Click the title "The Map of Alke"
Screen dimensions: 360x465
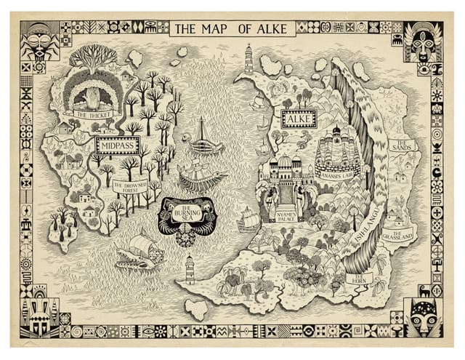[232, 29]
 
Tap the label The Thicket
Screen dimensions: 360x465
[91, 115]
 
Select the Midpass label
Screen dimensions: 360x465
[116, 144]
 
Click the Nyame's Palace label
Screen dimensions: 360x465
[290, 217]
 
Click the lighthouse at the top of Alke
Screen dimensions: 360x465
[248, 58]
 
